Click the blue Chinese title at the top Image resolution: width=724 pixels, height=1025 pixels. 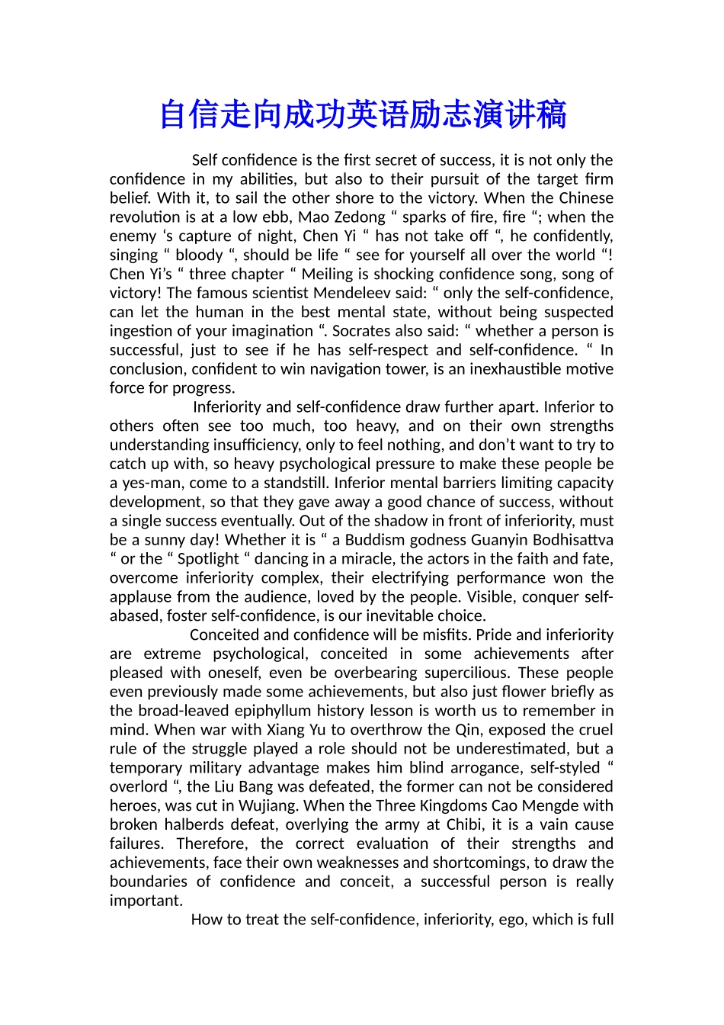[363, 115]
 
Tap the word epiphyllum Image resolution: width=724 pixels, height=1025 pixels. [277, 711]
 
